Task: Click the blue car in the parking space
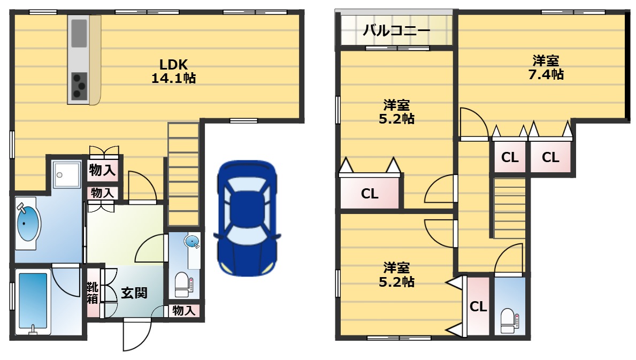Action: [x=247, y=218]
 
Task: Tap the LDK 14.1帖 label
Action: [x=174, y=71]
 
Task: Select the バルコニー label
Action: [x=396, y=30]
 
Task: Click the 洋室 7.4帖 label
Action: [x=546, y=68]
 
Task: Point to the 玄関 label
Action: [x=134, y=293]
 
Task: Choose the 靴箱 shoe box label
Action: [x=93, y=293]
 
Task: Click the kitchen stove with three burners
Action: [x=79, y=86]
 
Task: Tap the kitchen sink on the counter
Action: [x=79, y=34]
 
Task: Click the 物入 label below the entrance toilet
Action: [x=184, y=311]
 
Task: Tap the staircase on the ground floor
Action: [x=183, y=174]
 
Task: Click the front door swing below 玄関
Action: [x=137, y=334]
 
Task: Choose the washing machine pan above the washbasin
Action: [x=67, y=174]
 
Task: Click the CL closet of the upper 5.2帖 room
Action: [x=370, y=194]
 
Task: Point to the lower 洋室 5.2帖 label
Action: [x=396, y=274]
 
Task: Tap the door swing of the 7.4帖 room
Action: [x=474, y=123]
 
